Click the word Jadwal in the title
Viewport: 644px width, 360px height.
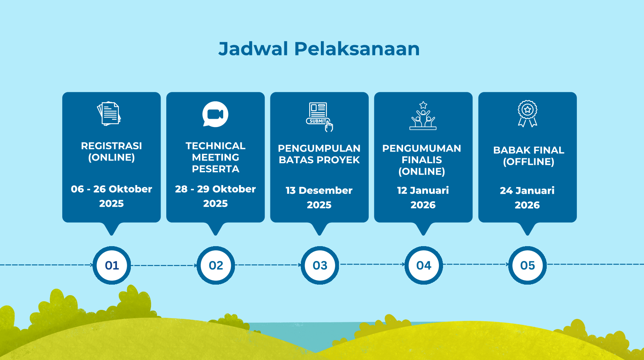(253, 49)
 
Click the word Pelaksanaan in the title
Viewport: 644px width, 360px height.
(357, 49)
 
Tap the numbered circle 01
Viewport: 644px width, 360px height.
(112, 265)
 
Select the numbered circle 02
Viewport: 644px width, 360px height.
(216, 265)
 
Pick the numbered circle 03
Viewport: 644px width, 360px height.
(320, 265)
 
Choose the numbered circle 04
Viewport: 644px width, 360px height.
(423, 265)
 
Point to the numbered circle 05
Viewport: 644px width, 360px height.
(527, 265)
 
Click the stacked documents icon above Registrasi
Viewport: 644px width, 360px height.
(109, 113)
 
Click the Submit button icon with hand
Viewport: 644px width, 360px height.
(319, 117)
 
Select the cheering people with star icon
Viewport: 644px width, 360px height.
(423, 116)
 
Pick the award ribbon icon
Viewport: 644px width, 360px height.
(527, 113)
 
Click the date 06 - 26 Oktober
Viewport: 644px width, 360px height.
(111, 189)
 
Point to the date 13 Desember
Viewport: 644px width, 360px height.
(319, 190)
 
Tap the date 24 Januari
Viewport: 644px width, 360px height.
(527, 191)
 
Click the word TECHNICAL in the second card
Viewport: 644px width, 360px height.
(215, 146)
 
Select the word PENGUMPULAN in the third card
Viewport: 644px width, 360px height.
(319, 149)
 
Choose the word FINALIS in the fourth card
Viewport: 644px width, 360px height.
(422, 160)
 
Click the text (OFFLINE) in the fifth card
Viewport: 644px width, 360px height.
(528, 162)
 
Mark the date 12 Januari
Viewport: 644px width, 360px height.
(423, 190)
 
